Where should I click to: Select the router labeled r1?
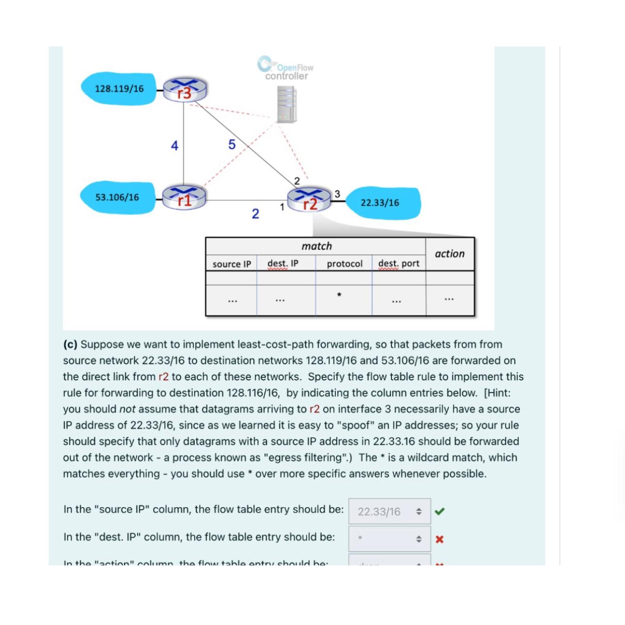(x=184, y=197)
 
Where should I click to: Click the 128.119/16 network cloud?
(x=119, y=89)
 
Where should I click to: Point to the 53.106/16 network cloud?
(x=117, y=197)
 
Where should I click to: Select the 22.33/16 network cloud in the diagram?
(x=380, y=203)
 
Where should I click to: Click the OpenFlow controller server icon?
(x=286, y=104)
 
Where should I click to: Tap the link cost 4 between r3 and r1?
(x=174, y=145)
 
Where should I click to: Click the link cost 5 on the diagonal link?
(x=232, y=144)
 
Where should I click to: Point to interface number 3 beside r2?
(x=337, y=194)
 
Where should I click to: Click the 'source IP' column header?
(x=232, y=264)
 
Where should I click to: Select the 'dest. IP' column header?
(x=283, y=264)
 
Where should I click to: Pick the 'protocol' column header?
(x=344, y=264)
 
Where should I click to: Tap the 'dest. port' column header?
(x=399, y=264)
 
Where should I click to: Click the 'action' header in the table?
(x=450, y=254)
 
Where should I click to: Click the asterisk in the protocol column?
(x=339, y=295)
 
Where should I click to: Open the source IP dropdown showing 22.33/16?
(x=389, y=512)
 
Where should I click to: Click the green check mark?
(x=439, y=511)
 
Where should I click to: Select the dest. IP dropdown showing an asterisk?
(x=389, y=538)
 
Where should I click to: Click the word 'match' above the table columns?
(x=317, y=246)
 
